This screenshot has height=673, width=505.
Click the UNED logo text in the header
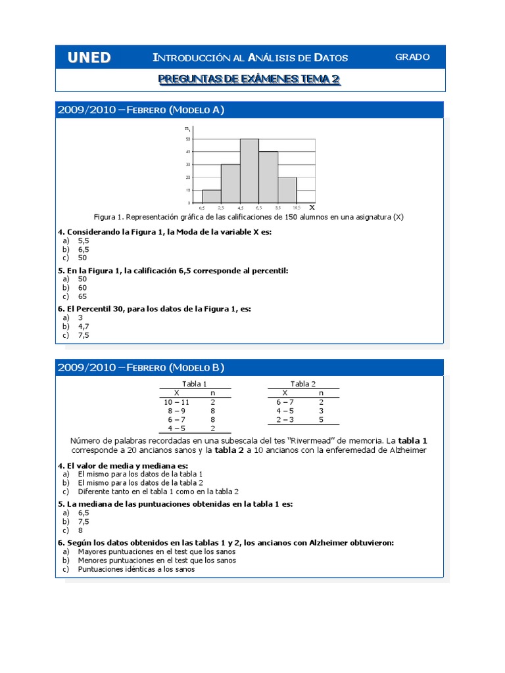[89, 58]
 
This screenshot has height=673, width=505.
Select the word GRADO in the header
[412, 57]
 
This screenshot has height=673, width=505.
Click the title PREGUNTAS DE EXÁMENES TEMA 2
[249, 80]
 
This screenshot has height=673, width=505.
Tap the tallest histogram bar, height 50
[249, 171]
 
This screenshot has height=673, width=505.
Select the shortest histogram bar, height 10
[212, 196]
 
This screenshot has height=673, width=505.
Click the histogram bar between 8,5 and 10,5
[287, 190]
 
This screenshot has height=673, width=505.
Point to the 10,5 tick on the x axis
[297, 208]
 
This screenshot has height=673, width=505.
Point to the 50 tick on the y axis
[188, 139]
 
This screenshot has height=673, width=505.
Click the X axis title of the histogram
[312, 206]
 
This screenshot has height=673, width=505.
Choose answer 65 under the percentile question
[82, 296]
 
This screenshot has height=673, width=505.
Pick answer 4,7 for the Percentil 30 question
[83, 325]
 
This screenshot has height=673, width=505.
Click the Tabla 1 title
[194, 384]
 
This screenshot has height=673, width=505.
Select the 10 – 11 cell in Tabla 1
[176, 401]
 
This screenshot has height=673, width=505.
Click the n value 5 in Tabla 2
[321, 419]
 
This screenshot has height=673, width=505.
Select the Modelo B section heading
[141, 367]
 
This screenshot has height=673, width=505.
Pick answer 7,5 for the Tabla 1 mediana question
[83, 521]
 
